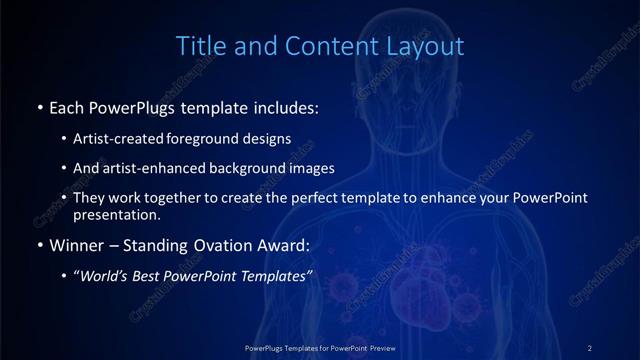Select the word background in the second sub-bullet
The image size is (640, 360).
click(x=260, y=169)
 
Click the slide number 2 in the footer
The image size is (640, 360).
click(x=589, y=347)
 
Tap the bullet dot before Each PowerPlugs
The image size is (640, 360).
click(x=39, y=105)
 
